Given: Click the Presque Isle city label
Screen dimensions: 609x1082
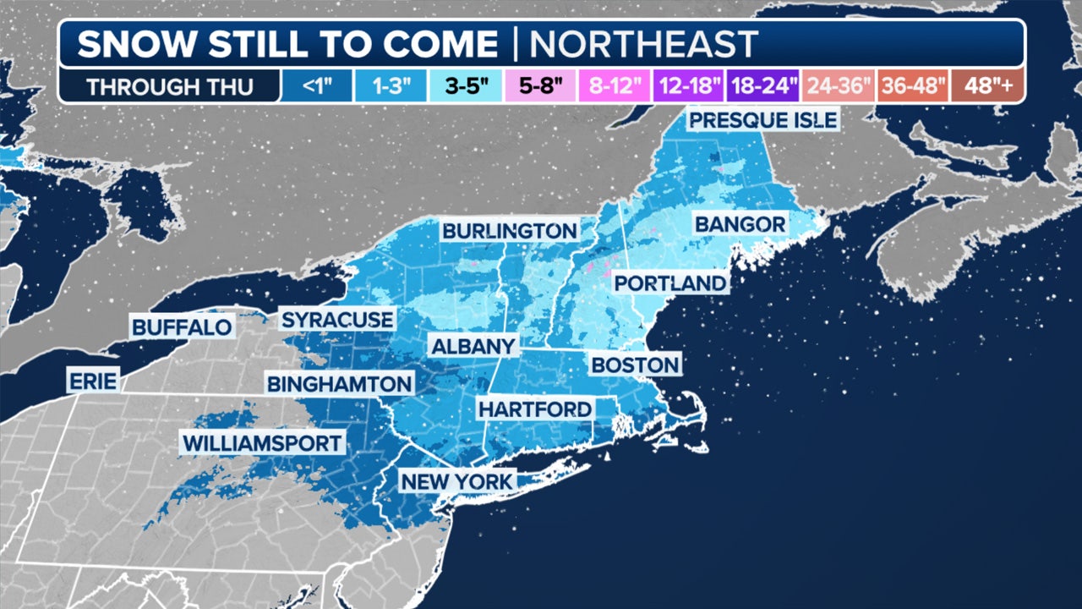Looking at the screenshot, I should tap(762, 119).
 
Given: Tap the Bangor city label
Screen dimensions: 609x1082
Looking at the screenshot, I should tap(740, 224).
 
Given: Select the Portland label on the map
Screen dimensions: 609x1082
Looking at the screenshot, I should tap(669, 283).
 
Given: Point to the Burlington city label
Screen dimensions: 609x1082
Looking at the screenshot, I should tap(510, 230).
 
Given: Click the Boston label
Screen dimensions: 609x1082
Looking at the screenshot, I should tap(636, 365).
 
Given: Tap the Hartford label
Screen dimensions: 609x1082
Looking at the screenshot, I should tap(534, 409).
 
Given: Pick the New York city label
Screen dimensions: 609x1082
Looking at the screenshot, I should tap(456, 482).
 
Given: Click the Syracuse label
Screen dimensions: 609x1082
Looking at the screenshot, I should tap(337, 320).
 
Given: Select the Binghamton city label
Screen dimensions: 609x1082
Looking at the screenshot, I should tap(339, 383).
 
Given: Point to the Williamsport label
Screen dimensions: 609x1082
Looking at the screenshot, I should tap(263, 442).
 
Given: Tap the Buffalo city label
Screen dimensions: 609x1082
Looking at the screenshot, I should tap(182, 326).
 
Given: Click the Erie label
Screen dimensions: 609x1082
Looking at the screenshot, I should tap(94, 380).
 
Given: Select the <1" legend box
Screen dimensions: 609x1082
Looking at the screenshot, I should tap(312, 86).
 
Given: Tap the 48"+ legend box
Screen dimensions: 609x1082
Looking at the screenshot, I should tap(986, 86).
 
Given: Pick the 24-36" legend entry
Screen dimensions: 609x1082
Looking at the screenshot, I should tap(837, 86).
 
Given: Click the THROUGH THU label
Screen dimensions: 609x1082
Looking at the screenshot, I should tap(169, 86).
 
